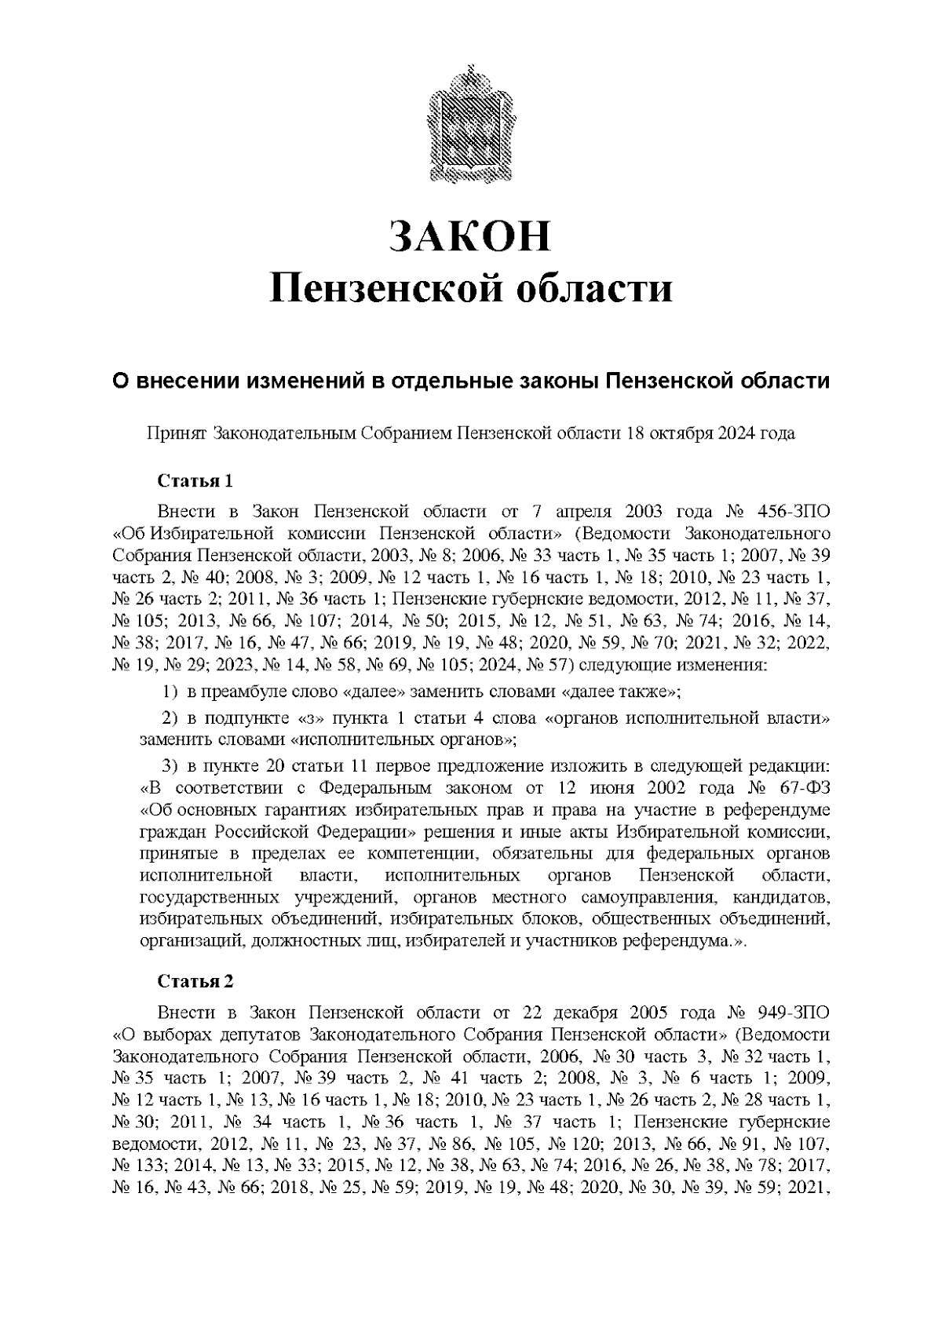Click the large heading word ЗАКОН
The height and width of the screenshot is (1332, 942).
pyautogui.click(x=470, y=237)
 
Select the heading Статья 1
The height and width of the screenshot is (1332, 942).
pyautogui.click(x=195, y=480)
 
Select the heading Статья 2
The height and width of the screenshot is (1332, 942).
pyautogui.click(x=195, y=982)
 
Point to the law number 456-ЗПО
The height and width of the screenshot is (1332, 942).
pyautogui.click(x=793, y=513)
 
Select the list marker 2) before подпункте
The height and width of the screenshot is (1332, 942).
pyautogui.click(x=171, y=718)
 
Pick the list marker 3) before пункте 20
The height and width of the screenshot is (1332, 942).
pyautogui.click(x=171, y=765)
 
